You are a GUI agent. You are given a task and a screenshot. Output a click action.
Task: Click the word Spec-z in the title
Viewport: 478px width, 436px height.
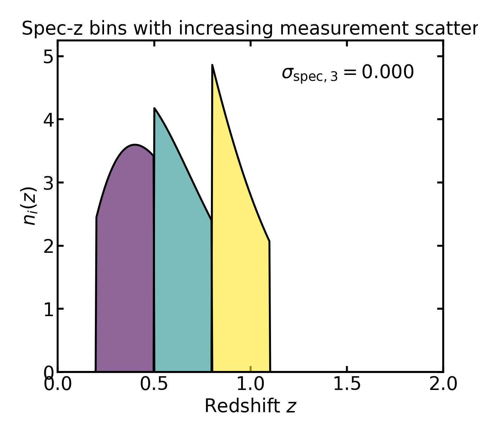click(x=52, y=29)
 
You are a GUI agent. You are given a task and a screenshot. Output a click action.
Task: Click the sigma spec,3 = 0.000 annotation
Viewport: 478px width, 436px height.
click(x=348, y=73)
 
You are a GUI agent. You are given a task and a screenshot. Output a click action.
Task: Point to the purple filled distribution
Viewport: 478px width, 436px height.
click(x=125, y=264)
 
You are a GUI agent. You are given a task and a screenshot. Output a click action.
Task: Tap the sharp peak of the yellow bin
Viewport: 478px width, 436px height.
click(x=213, y=66)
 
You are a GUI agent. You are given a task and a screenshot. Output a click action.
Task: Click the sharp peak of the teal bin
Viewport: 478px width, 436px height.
click(x=155, y=109)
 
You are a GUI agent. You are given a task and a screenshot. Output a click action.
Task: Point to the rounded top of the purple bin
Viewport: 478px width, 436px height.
click(x=135, y=145)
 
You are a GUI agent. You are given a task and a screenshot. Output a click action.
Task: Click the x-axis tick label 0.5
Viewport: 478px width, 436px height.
click(x=154, y=384)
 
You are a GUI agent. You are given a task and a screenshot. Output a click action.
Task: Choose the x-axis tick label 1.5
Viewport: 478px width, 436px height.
click(x=347, y=384)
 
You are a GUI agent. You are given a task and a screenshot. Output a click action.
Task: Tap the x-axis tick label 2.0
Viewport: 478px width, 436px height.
click(x=443, y=384)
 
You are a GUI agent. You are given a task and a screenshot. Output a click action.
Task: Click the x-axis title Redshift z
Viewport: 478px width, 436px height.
click(x=250, y=406)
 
